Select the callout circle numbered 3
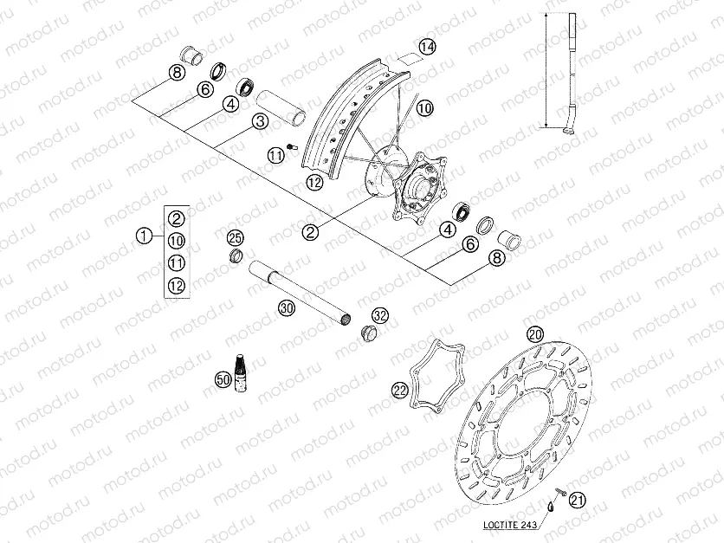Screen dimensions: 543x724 tap(259, 122)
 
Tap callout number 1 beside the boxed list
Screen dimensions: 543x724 tap(144, 234)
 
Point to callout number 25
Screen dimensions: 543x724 tap(236, 238)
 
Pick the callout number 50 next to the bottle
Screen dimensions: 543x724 tap(223, 378)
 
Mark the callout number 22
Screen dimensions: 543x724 tap(399, 390)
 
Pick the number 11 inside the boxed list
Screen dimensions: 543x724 tap(177, 262)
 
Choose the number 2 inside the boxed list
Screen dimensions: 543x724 tap(177, 218)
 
